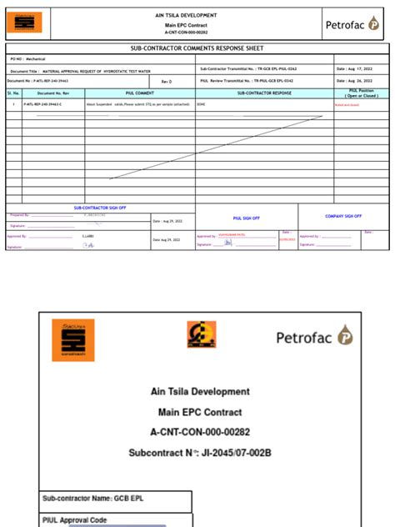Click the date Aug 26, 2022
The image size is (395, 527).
coord(353,82)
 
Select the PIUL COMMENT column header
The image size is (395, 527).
coord(140,93)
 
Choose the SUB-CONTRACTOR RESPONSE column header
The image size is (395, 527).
coord(263,93)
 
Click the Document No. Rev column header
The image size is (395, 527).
coord(52,93)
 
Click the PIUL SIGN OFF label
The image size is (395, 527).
coord(247,218)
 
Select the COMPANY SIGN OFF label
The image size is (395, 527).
coord(343,216)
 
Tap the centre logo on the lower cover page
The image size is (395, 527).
coord(200,334)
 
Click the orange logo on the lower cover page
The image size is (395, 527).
coord(73,339)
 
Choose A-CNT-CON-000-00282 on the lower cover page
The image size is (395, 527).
coord(200,434)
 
